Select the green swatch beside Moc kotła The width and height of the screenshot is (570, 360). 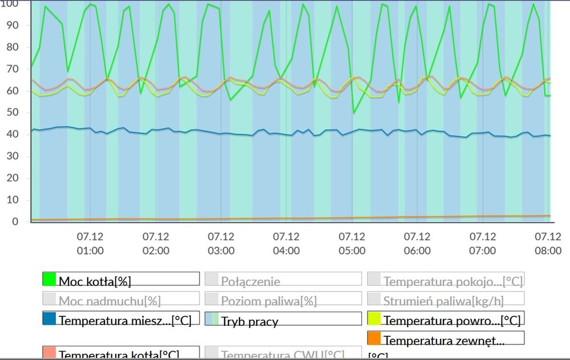49,279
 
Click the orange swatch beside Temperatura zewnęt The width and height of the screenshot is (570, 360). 374,339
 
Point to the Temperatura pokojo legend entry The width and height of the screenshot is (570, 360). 445,280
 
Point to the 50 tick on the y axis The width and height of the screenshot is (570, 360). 11,113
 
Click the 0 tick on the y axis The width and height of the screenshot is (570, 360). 15,222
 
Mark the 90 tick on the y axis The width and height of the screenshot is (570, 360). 11,26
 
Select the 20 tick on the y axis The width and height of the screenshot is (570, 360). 11,178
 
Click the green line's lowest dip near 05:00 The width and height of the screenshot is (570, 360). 353,113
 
